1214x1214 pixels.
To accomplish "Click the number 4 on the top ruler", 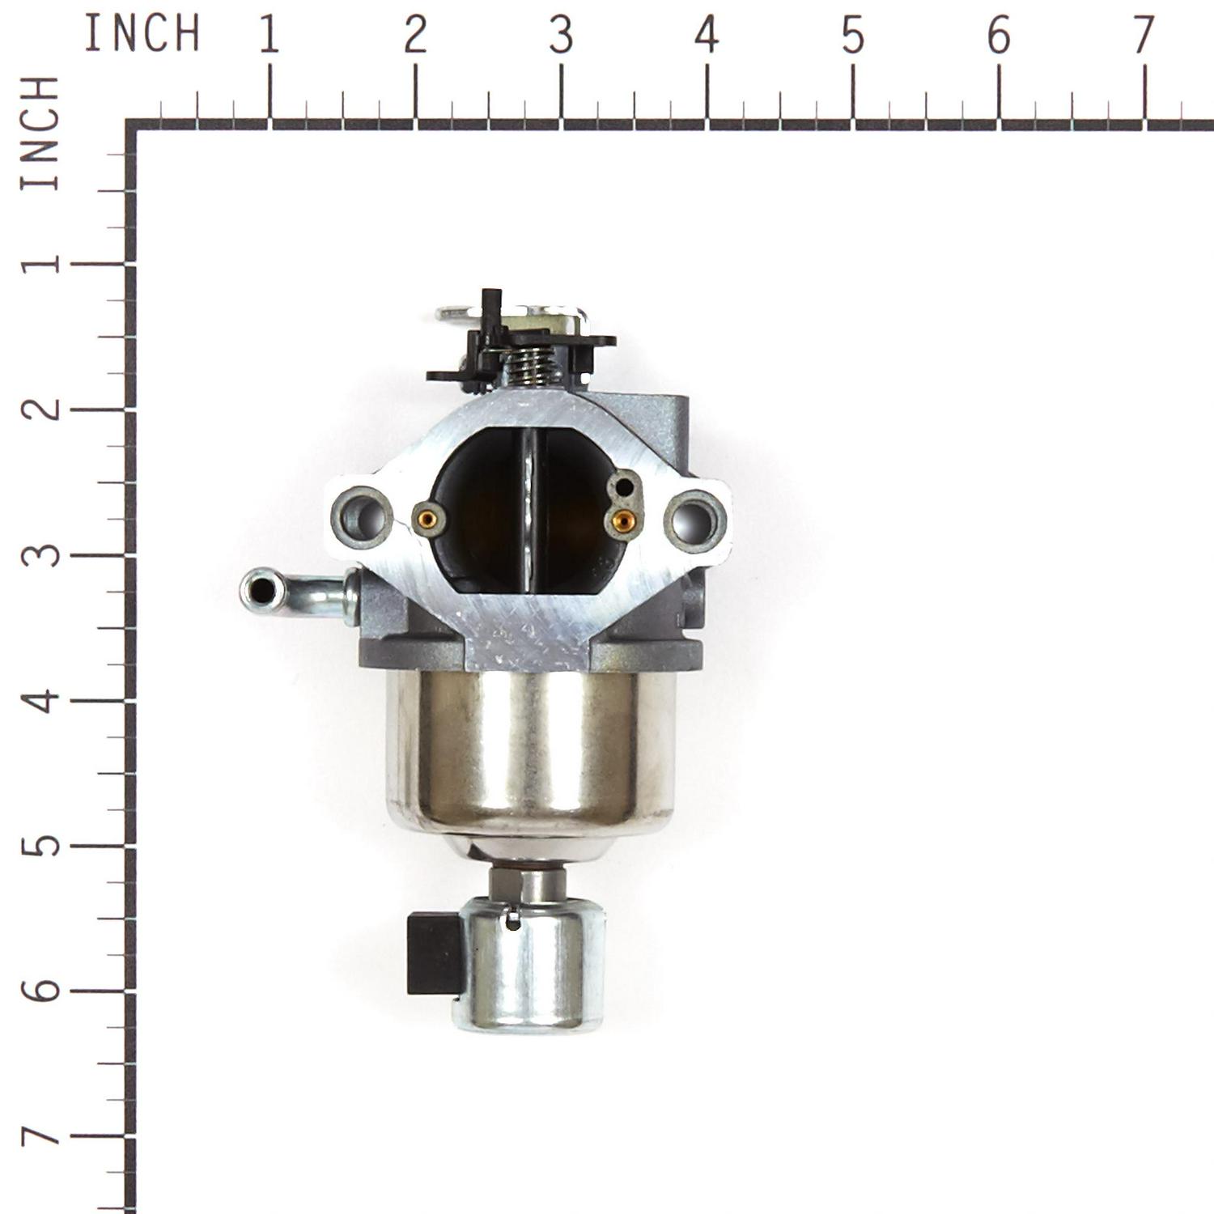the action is (x=707, y=36).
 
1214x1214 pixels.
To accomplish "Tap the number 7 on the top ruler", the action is (x=1143, y=36).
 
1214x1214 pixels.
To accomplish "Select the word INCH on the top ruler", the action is (x=142, y=34).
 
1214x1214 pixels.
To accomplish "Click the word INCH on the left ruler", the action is (x=40, y=134).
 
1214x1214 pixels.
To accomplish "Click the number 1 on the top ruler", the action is (x=270, y=36).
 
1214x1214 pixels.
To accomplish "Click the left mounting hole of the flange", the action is (x=362, y=517).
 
